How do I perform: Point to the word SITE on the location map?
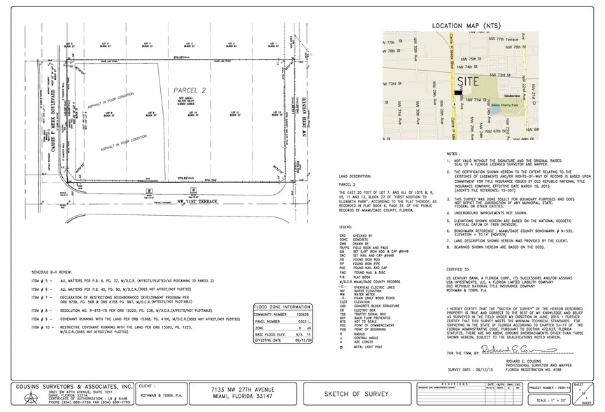tap(453, 83)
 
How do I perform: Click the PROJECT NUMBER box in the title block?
tap(550, 386)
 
